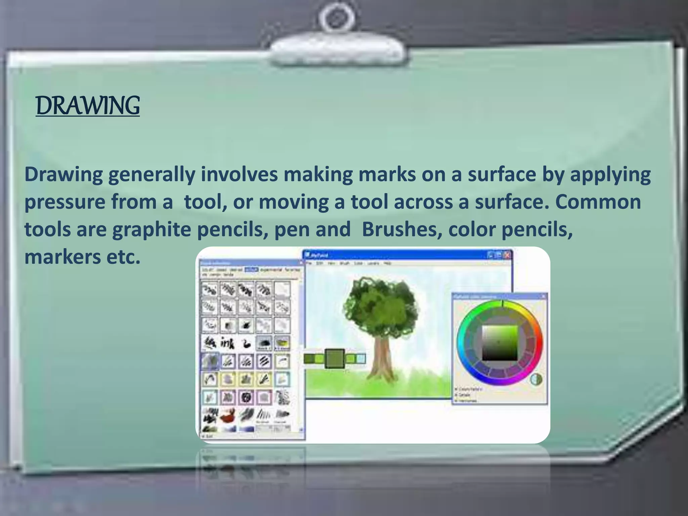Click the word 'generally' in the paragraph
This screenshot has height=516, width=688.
(152, 175)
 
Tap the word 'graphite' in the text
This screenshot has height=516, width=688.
(152, 230)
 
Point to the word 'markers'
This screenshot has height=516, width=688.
(62, 257)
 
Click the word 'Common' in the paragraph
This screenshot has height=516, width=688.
(598, 202)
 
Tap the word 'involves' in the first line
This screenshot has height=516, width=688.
(239, 175)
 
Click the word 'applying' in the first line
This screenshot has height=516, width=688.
(610, 175)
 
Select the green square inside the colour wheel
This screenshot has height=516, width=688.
(500, 343)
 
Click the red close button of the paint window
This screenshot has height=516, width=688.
(507, 255)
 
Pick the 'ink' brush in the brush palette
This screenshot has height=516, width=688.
(227, 343)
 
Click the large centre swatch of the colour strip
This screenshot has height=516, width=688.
(335, 359)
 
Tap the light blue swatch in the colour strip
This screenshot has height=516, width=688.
(360, 359)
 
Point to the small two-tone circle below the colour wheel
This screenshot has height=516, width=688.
(536, 379)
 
